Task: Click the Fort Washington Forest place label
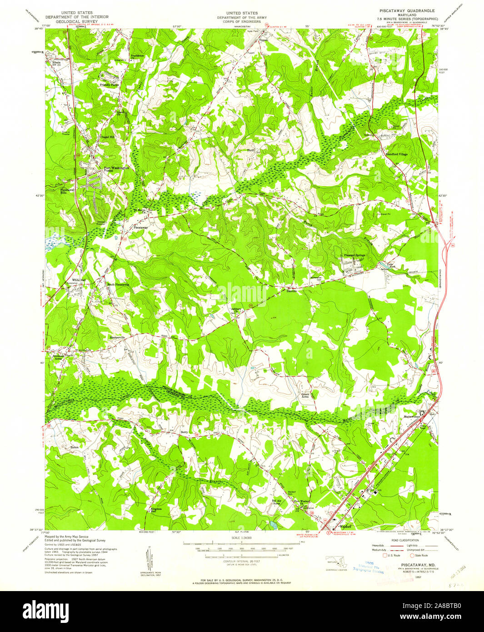(x=116, y=169)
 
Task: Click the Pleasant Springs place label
(x=354, y=256)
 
